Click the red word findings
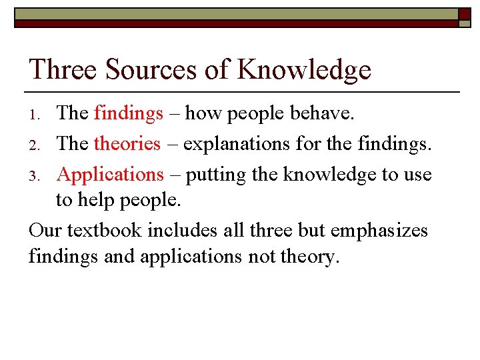129,114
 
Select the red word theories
127,144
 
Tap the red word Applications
110,175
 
